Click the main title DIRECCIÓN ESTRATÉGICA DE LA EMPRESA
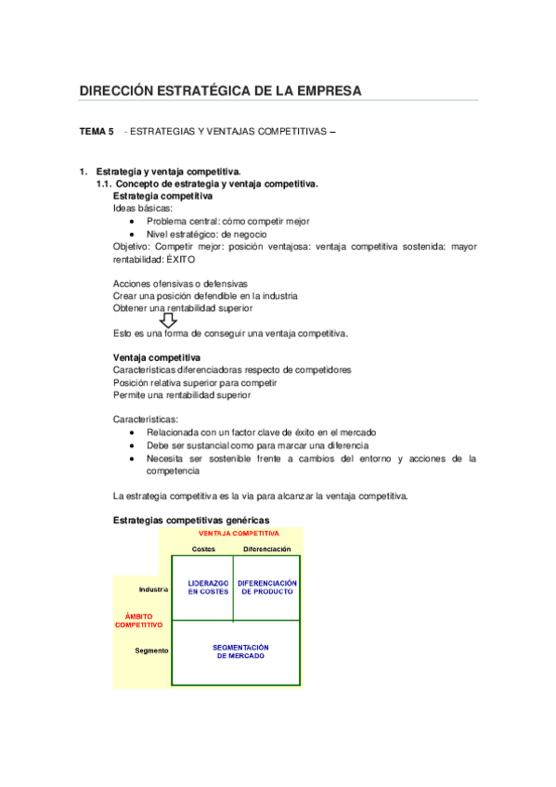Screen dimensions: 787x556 [x=220, y=90]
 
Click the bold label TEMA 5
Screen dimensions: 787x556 [x=97, y=133]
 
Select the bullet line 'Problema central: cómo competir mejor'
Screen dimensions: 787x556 [x=227, y=222]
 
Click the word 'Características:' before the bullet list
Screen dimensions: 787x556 [x=146, y=419]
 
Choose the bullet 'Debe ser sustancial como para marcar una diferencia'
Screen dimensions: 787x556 [x=264, y=445]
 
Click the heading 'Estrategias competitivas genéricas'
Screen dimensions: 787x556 [x=191, y=519]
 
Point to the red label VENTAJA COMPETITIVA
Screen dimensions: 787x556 [x=239, y=534]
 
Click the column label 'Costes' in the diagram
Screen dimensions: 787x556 [x=204, y=549]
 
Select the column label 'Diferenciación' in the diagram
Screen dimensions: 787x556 [x=267, y=549]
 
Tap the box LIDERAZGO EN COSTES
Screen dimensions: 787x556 [x=202, y=587]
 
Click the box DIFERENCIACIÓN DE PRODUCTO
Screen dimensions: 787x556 [x=267, y=587]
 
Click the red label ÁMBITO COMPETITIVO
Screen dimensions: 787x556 [x=139, y=620]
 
